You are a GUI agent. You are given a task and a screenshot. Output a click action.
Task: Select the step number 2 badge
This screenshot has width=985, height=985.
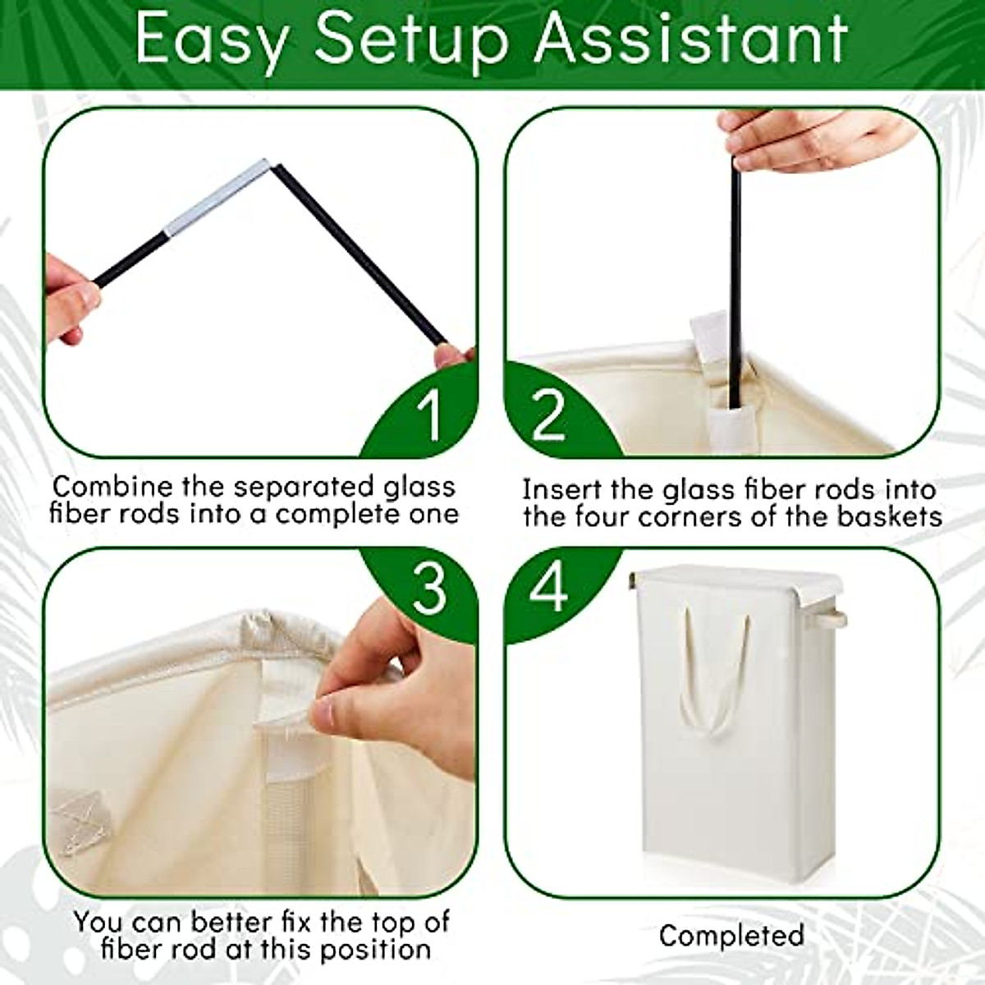(x=548, y=415)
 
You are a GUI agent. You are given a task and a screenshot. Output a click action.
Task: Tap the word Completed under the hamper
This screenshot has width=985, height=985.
(x=731, y=935)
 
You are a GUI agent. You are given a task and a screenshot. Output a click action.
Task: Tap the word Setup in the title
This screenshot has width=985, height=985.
(x=410, y=39)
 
